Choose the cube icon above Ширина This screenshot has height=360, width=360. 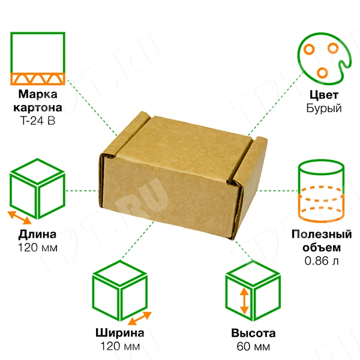pyautogui.click(x=120, y=293)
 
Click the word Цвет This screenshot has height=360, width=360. pyautogui.click(x=324, y=95)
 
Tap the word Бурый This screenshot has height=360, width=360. pyautogui.click(x=324, y=109)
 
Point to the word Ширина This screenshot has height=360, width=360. pyautogui.click(x=120, y=334)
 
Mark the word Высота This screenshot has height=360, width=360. pyautogui.click(x=253, y=334)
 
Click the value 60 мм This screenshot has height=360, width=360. pyautogui.click(x=253, y=347)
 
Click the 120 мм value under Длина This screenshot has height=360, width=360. pyautogui.click(x=38, y=247)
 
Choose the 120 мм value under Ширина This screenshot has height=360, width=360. pyautogui.click(x=120, y=347)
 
